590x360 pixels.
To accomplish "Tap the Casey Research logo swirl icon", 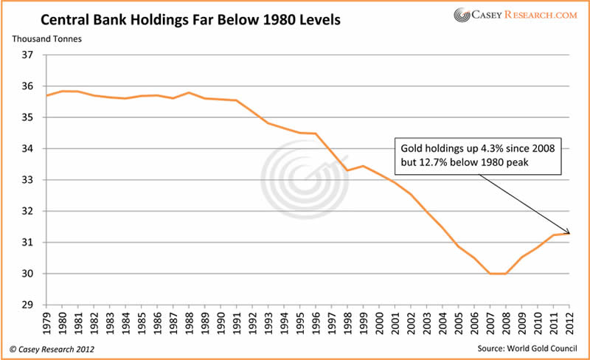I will (462, 15).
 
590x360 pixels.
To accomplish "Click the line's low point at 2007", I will (490, 274).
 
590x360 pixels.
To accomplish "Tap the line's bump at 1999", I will (364, 166).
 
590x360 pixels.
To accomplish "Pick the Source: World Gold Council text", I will (530, 347).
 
